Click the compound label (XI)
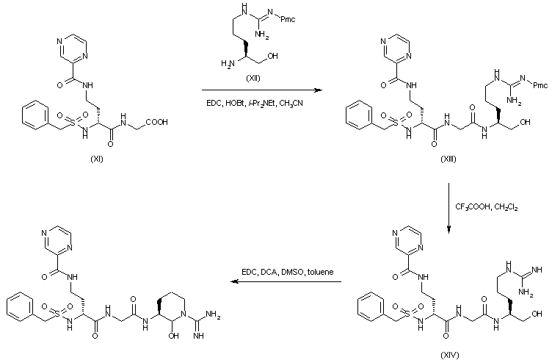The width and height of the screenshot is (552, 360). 97,159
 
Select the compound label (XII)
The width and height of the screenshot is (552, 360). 253,78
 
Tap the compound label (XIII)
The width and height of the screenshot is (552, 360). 448,159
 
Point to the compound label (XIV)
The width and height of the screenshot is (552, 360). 450,355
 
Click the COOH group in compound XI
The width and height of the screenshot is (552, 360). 156,122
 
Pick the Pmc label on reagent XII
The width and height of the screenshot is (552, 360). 288,19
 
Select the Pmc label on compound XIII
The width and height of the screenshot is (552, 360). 540,85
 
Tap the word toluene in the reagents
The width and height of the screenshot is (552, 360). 320,272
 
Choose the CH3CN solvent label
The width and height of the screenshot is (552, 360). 291,104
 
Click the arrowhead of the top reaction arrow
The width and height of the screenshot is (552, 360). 319,90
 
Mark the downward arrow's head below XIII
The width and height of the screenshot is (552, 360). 448,230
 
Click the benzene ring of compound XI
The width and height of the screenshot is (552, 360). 35,115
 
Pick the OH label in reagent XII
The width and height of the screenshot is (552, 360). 272,56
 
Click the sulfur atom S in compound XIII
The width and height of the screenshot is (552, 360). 396,123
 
